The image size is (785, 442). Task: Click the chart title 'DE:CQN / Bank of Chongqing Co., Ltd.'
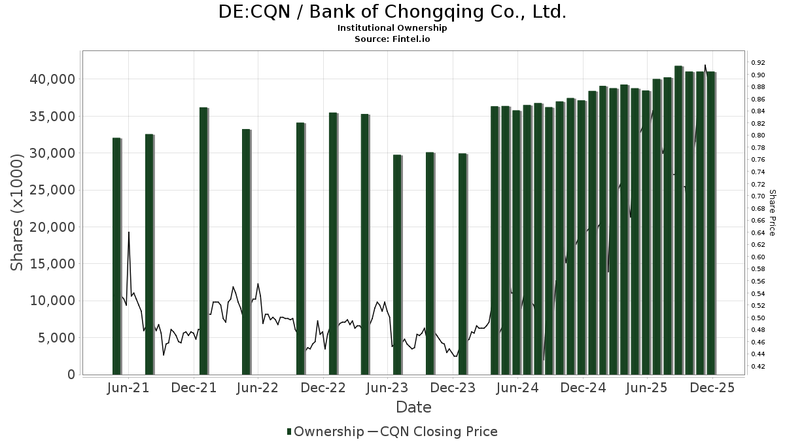tap(392, 12)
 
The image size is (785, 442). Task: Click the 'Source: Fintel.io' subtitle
tap(392, 39)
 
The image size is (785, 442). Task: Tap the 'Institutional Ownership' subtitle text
tap(392, 28)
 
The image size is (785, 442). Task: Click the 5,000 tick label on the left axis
tap(55, 338)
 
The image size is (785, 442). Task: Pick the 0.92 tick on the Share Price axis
tap(758, 63)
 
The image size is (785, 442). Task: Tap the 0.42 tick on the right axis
tap(758, 367)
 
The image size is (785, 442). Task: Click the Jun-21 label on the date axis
tap(128, 388)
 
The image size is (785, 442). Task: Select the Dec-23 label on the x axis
tap(453, 388)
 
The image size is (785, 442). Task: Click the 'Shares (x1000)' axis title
tap(18, 212)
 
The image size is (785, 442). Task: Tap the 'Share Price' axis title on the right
tap(772, 212)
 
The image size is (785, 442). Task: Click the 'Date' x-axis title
tap(413, 407)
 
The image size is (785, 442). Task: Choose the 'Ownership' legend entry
tap(325, 432)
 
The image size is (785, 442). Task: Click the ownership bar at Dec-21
tap(203, 241)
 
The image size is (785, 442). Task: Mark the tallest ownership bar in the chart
tap(678, 220)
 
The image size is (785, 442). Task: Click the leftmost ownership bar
tap(116, 256)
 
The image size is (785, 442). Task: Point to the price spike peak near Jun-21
tap(129, 232)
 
